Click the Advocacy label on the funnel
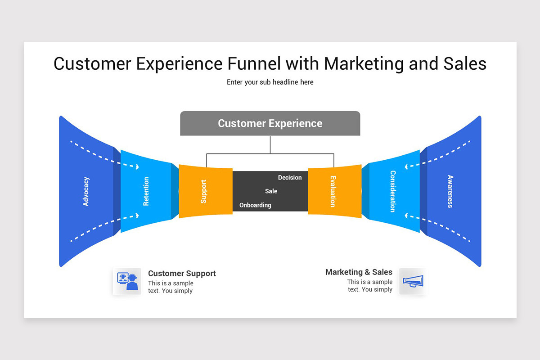click(x=86, y=191)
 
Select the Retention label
click(x=146, y=191)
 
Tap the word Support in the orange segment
click(x=204, y=191)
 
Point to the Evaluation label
click(x=333, y=191)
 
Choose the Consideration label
click(x=393, y=191)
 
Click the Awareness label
click(x=450, y=191)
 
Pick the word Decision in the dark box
click(x=290, y=177)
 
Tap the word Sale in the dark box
click(x=271, y=191)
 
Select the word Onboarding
click(x=255, y=205)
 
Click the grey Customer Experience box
click(x=270, y=123)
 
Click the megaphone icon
click(x=413, y=281)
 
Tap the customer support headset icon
click(x=127, y=281)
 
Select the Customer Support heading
click(x=182, y=274)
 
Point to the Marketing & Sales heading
click(x=359, y=272)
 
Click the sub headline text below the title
click(x=270, y=82)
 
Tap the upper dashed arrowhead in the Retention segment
click(x=137, y=167)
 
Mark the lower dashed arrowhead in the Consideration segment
click(x=406, y=216)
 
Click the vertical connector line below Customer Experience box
click(x=270, y=145)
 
